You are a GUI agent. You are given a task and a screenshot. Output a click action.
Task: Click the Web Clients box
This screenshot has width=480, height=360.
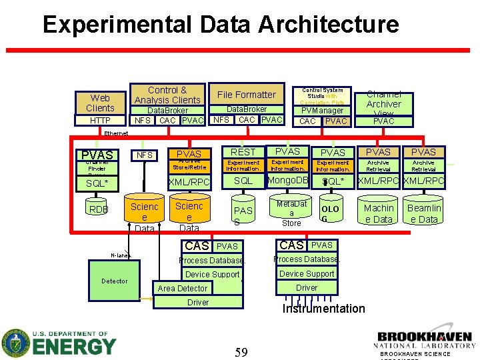point(100,103)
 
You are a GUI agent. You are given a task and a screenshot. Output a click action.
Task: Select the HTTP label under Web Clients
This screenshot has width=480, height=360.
point(100,121)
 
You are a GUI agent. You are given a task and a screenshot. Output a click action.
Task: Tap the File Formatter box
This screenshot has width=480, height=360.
point(246,95)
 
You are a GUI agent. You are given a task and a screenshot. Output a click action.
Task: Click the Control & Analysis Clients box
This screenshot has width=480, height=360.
point(167,95)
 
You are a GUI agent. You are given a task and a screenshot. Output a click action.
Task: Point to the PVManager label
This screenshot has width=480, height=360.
point(323,110)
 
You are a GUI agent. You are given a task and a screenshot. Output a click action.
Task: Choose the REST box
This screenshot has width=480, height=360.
point(243,153)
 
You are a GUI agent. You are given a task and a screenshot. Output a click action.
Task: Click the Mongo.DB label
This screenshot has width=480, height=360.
point(287,181)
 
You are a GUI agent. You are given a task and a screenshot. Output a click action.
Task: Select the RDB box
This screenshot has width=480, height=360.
point(99,210)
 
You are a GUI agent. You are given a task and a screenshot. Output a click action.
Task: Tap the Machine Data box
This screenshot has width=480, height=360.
point(379,213)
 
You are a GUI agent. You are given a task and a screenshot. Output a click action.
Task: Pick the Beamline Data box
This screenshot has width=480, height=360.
point(424,213)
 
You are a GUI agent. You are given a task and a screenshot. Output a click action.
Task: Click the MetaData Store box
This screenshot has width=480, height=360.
point(292,213)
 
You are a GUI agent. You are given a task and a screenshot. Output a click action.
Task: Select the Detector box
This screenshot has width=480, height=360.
point(114,281)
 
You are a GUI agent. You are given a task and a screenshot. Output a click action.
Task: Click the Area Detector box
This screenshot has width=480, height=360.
point(183,288)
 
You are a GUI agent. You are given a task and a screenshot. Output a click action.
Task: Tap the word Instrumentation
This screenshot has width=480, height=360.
point(324,309)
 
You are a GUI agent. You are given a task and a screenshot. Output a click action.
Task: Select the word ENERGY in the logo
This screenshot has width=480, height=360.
point(74,347)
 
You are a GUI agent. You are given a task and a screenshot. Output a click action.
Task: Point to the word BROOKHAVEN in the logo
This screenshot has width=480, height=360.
point(425,337)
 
